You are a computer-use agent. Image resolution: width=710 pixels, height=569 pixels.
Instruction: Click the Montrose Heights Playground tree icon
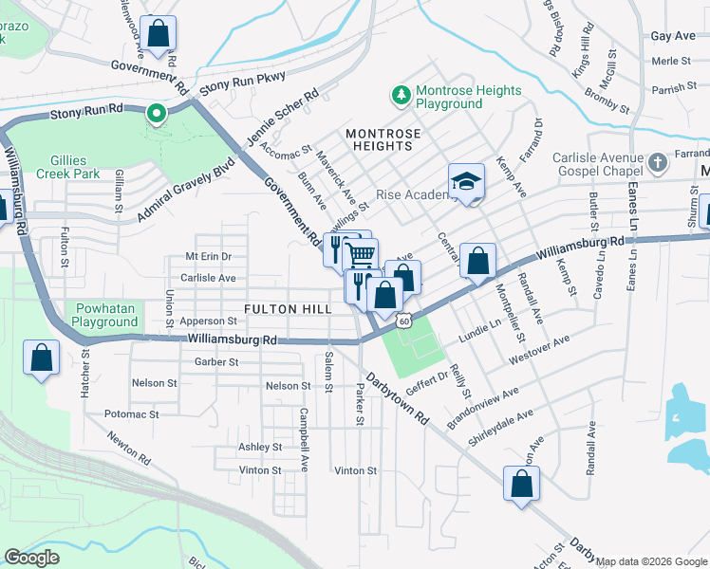401,96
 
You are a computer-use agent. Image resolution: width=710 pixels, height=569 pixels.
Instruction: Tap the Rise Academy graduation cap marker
466,182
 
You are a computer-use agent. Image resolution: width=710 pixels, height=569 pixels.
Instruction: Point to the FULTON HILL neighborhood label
288,309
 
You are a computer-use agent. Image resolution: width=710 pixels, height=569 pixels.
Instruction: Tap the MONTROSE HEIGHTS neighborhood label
380,139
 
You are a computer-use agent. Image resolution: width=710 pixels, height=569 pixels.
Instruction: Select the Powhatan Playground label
107,315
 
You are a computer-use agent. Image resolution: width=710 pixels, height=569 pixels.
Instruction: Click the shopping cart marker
361,255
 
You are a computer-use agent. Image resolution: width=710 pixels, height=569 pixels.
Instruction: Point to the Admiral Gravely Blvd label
185,190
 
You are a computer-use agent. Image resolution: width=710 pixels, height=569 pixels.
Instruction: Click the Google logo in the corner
31,557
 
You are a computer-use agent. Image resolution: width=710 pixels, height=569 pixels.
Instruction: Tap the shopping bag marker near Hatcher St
42,358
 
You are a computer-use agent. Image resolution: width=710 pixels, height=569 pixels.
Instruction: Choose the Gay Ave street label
673,36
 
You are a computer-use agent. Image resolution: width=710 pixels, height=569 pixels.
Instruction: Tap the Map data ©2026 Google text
651,561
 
